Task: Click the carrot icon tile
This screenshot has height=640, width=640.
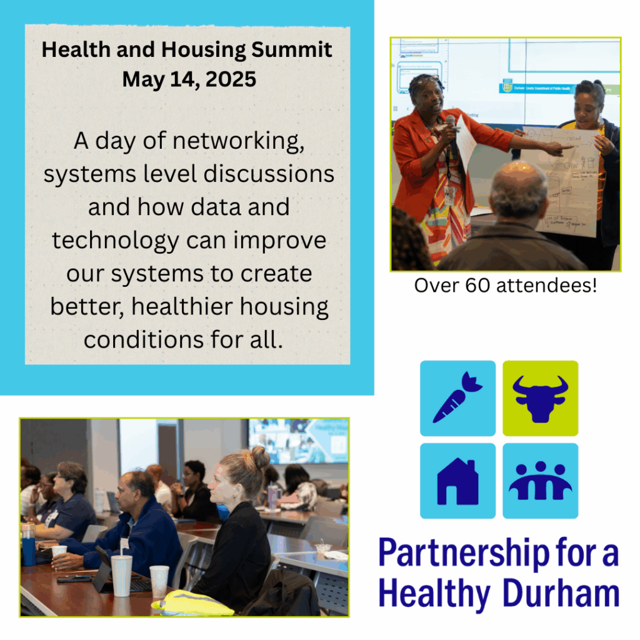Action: coord(457,398)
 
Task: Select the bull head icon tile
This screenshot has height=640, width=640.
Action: coord(541,398)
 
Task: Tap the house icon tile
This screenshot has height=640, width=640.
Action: coord(457,481)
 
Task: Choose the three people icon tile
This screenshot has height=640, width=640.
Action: coord(541,481)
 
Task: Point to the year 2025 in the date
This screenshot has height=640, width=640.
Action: coord(226,79)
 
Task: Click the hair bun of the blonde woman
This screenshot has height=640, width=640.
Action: coord(260,457)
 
